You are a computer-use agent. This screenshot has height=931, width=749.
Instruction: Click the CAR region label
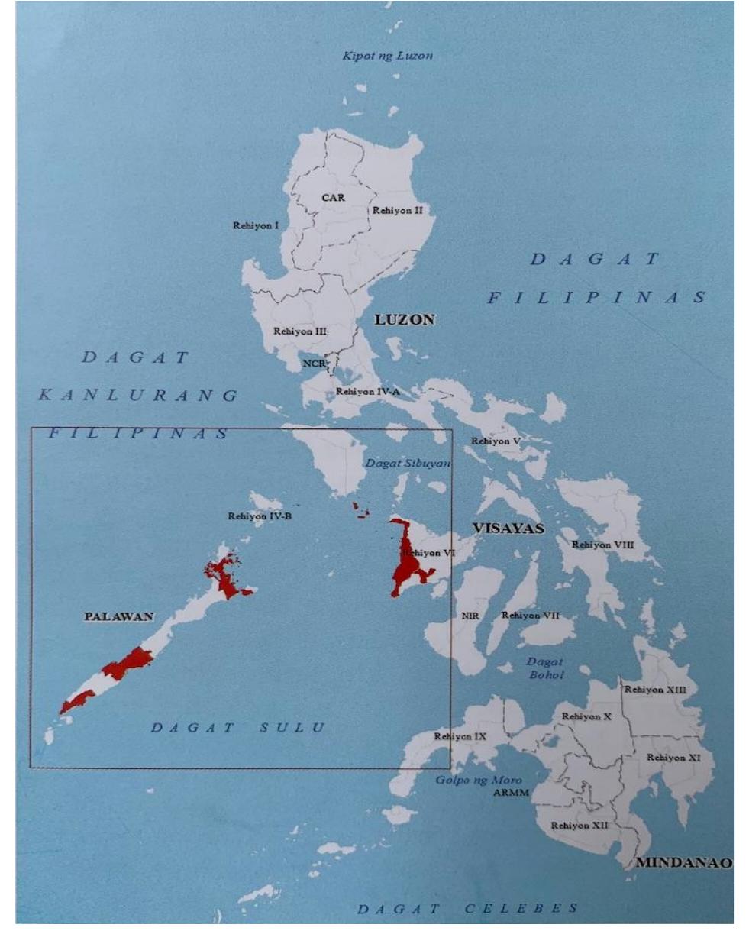point(332,198)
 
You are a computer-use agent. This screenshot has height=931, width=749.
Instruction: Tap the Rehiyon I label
point(256,225)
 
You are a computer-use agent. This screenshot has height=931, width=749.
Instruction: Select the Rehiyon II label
point(396,210)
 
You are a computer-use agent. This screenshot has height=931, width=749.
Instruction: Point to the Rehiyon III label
point(300,331)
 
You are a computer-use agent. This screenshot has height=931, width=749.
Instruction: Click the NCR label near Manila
point(314,364)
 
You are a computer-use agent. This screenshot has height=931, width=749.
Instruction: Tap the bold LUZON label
point(404,320)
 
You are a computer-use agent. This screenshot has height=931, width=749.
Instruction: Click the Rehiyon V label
point(496,441)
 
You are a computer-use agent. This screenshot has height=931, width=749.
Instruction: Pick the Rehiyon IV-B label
point(260,517)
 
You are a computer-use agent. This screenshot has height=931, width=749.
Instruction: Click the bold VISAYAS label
point(508,529)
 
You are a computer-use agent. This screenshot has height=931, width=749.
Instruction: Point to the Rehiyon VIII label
point(602,545)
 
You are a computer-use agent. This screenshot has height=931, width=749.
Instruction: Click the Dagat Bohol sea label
point(545,668)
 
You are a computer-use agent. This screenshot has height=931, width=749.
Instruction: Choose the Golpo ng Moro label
point(479,780)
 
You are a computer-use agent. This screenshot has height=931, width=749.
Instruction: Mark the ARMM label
point(510,792)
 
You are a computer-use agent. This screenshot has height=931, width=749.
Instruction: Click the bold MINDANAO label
point(683,863)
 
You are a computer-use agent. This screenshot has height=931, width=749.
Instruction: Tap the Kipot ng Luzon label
point(388,56)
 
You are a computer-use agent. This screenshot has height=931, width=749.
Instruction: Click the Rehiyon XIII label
point(655,690)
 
